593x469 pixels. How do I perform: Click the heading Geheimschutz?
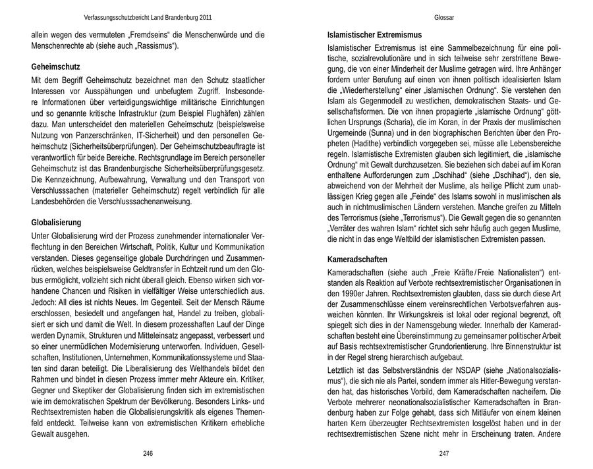click(x=55, y=67)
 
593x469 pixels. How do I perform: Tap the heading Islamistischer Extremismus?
click(x=374, y=34)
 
